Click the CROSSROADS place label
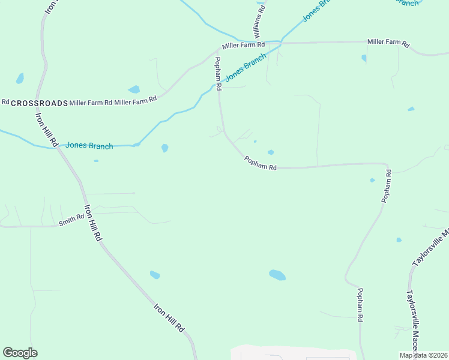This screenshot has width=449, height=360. coord(39,103)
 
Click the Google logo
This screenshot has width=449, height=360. coord(20,353)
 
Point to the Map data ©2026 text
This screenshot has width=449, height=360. coord(423,355)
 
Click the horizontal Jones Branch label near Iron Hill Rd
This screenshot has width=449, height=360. coord(89,145)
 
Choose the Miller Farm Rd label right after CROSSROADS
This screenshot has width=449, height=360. coord(91,103)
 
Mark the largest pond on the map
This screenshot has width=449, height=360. coord(277,275)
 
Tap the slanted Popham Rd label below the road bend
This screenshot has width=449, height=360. coord(260,163)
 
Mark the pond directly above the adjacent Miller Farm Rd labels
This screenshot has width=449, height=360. coord(134,89)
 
